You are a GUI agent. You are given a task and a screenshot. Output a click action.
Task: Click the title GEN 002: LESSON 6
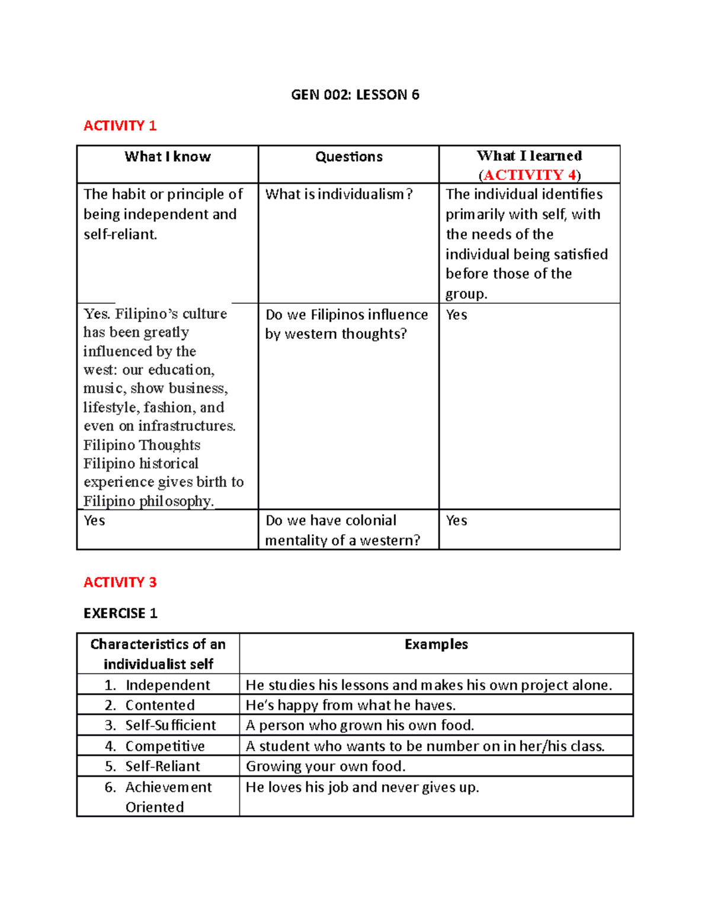tap(355, 95)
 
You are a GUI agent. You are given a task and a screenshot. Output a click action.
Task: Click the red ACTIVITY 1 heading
tap(120, 126)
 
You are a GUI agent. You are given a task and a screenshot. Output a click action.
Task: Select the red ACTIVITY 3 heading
tap(120, 582)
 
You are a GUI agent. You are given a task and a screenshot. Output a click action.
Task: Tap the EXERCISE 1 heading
tap(120, 613)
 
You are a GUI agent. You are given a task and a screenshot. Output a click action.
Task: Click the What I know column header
tap(168, 156)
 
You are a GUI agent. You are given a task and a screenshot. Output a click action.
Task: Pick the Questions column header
tap(348, 156)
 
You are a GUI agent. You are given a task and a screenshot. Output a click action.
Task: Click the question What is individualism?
tap(338, 194)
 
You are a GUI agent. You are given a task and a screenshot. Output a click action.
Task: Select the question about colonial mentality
tap(342, 530)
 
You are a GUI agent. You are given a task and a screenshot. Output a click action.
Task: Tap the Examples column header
tap(436, 644)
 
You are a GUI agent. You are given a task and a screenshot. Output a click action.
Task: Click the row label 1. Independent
tap(158, 685)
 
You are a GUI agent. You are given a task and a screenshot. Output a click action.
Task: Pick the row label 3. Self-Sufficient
tap(161, 725)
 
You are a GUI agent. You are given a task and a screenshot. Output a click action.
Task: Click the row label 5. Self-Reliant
tap(152, 766)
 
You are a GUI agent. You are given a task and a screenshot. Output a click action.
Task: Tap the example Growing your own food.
tap(325, 766)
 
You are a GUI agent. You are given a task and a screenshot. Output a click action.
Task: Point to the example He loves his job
tap(362, 787)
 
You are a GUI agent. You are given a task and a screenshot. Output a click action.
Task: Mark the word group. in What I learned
tap(466, 294)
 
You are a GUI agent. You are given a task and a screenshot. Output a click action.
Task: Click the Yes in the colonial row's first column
tap(94, 520)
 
